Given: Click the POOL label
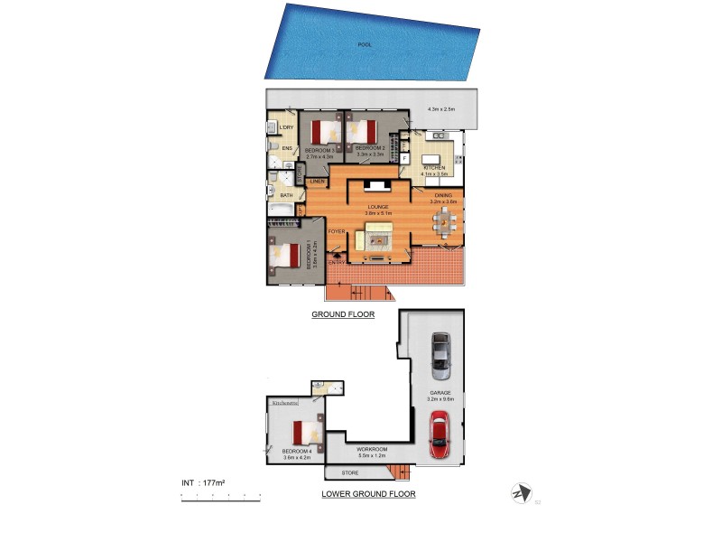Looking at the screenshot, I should [365, 43].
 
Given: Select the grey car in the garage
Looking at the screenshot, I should [440, 355].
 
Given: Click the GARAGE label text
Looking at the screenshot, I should [440, 393].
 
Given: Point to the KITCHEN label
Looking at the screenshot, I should [435, 167].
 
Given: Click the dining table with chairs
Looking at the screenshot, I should [444, 226].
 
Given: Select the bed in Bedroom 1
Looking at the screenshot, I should [282, 256].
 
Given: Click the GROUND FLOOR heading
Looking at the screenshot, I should [343, 314].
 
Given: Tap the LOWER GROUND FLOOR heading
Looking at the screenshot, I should [368, 494].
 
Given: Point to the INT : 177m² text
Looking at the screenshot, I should [203, 483].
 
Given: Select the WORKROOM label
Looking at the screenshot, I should [372, 449].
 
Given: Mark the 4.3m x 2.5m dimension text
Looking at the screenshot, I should [441, 110].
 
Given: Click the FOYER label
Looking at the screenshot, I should [337, 232].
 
